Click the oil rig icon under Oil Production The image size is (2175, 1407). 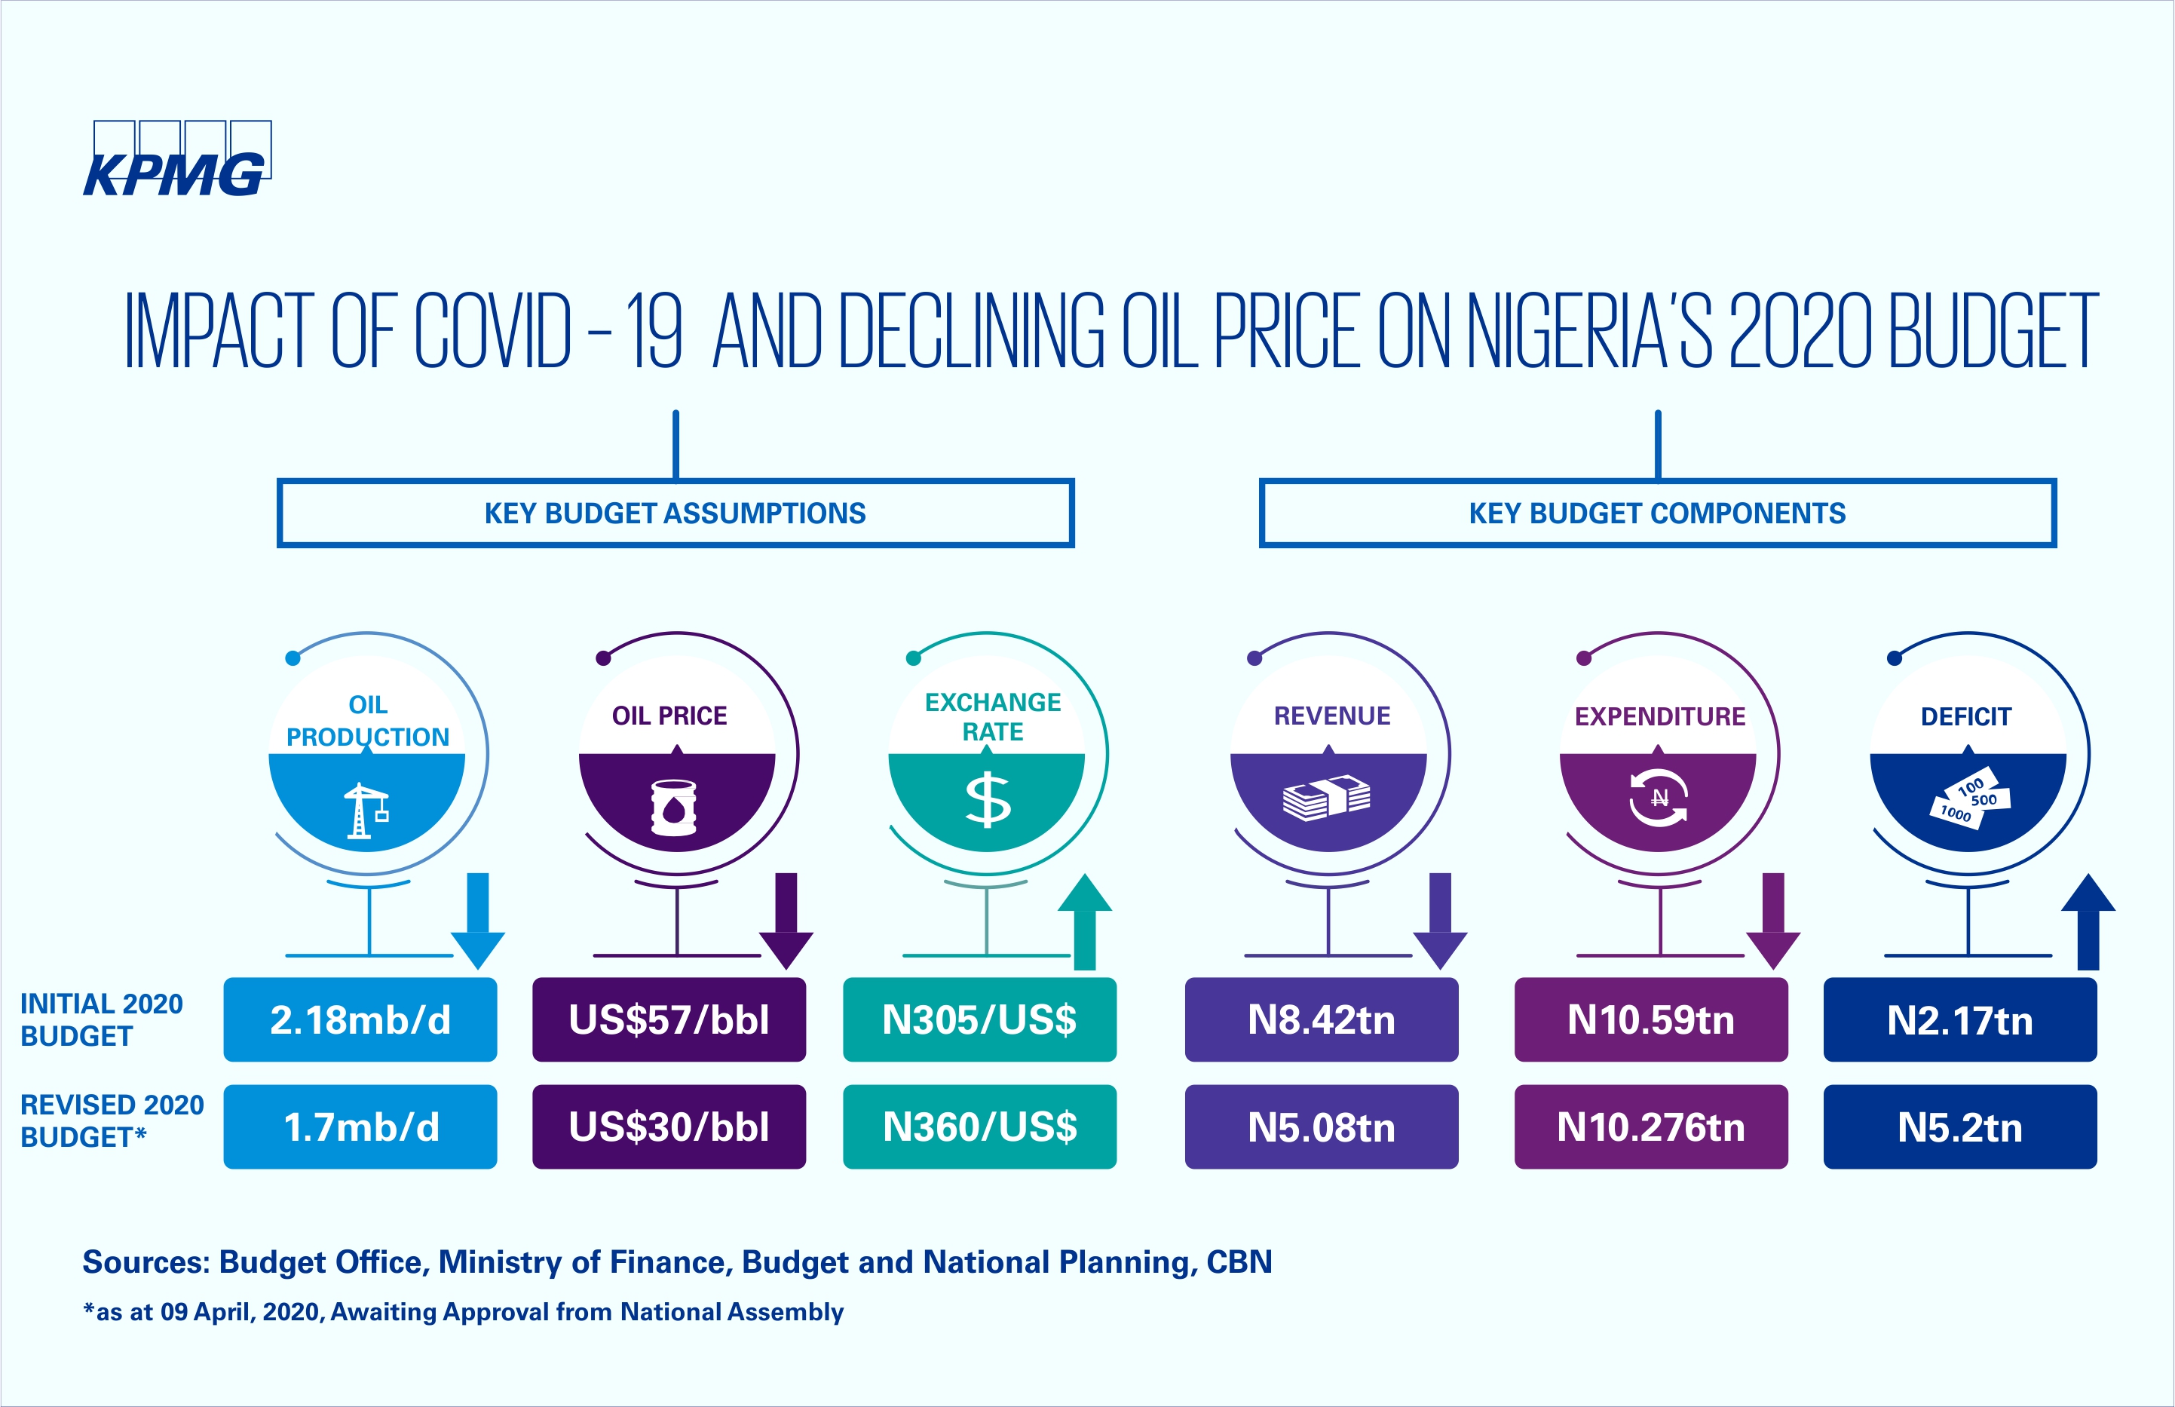[x=366, y=811]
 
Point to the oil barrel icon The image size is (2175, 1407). [x=674, y=808]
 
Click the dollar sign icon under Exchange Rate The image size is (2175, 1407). [x=988, y=800]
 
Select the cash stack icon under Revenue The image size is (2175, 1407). [x=1326, y=798]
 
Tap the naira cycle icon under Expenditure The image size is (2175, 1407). [x=1659, y=798]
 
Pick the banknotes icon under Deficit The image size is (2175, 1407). [x=1968, y=798]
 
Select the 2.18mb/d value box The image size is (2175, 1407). [x=360, y=1019]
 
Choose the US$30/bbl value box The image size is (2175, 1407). [x=669, y=1127]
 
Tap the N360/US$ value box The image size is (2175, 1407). [x=979, y=1127]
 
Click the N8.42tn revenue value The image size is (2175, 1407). [x=1321, y=1019]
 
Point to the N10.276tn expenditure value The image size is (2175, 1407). [x=1650, y=1127]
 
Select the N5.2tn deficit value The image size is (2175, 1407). [x=1960, y=1127]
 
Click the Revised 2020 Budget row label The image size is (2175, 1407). [x=112, y=1121]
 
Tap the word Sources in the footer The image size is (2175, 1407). [x=146, y=1261]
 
